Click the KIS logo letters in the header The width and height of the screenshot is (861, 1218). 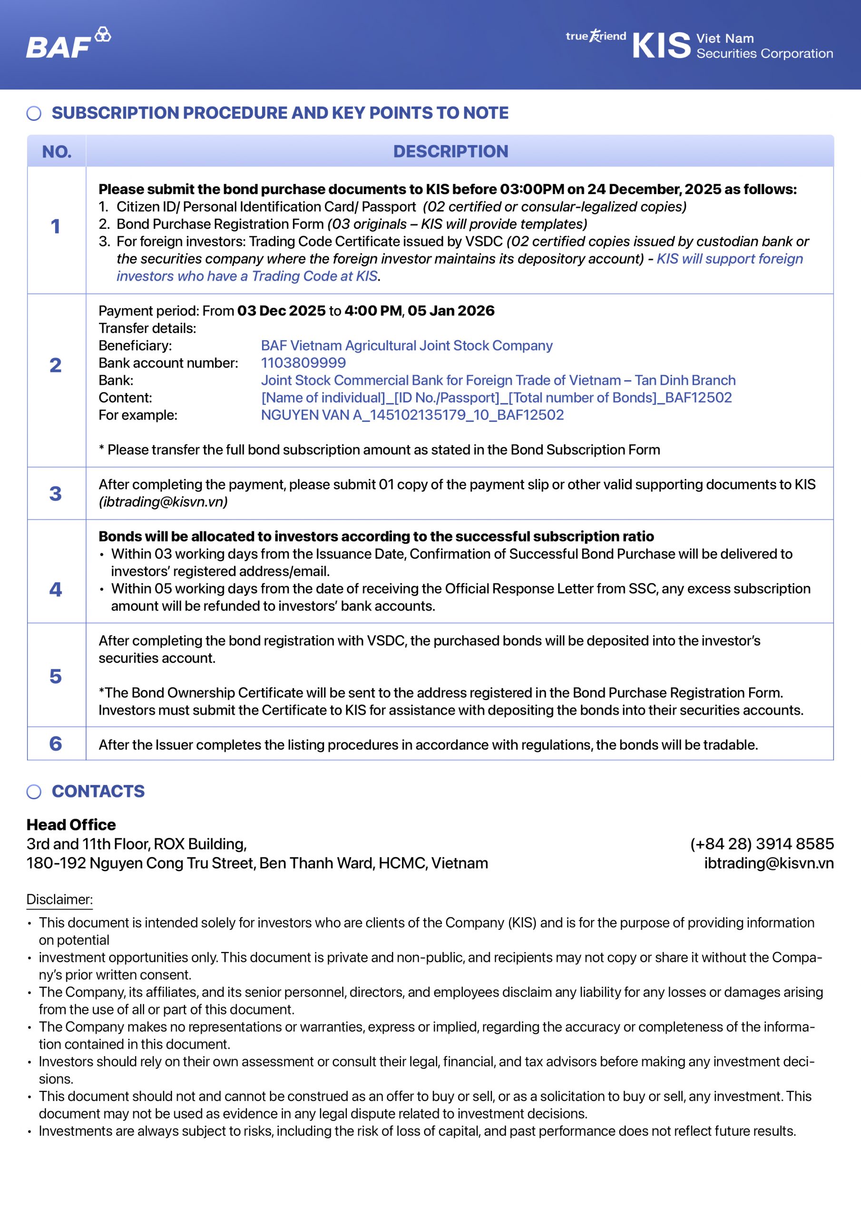click(661, 46)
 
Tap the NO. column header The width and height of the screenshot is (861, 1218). click(57, 152)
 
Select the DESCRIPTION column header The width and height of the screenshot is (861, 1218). click(450, 151)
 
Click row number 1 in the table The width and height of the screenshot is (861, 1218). click(56, 226)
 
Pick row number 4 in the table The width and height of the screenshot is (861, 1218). click(56, 589)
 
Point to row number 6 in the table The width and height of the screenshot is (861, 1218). click(56, 744)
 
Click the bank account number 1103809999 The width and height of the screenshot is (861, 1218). click(303, 363)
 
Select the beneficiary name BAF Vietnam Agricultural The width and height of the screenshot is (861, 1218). click(406, 345)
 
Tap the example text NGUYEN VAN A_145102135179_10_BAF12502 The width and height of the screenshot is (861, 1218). click(412, 415)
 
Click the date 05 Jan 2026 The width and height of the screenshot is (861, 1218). click(451, 311)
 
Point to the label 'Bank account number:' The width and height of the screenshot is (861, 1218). click(168, 363)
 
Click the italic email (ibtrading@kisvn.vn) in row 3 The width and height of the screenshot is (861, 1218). click(163, 502)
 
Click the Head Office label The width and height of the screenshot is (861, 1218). click(71, 825)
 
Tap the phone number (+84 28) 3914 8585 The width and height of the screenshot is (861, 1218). click(761, 844)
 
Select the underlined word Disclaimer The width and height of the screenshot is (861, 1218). click(59, 899)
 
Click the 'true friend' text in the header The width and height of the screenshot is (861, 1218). click(596, 36)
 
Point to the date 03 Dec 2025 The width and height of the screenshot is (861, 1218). click(281, 311)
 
